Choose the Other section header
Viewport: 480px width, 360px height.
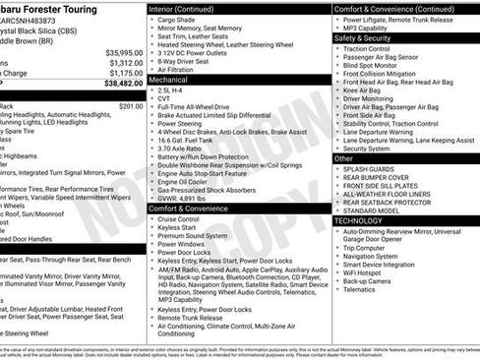344,157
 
